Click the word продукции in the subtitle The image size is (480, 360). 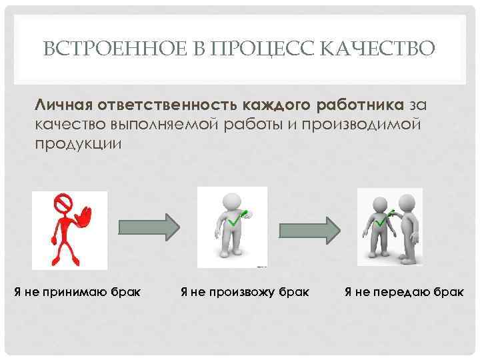coord(79,144)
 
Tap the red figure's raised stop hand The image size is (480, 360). coord(85,217)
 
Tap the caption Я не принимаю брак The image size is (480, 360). coord(77,291)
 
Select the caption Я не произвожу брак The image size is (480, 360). coord(245,291)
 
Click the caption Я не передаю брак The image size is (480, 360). coord(404,291)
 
